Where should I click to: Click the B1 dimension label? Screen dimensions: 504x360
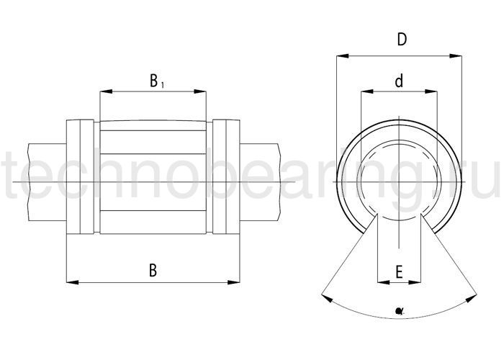[157, 81]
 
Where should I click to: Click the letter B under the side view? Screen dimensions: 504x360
[153, 270]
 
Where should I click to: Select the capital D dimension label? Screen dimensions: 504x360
[402, 40]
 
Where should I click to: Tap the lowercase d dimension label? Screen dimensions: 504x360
[399, 81]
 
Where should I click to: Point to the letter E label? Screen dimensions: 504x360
[399, 272]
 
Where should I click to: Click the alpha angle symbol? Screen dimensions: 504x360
[400, 311]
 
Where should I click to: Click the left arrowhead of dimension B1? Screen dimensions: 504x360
[106, 91]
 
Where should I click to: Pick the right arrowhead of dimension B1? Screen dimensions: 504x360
[200, 91]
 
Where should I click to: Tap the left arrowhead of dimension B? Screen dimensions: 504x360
[72, 282]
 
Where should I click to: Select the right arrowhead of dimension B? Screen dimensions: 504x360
[234, 282]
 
